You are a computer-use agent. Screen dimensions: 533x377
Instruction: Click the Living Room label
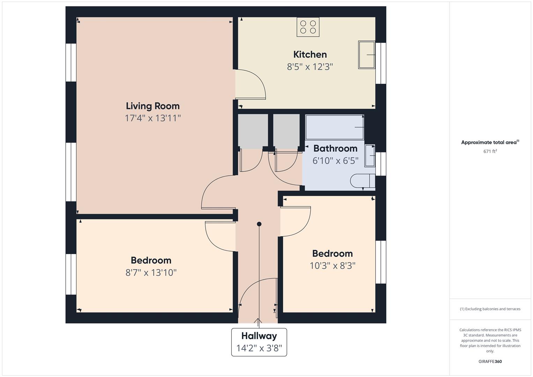tap(153, 106)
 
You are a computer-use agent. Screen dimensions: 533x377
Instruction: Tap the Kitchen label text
tap(310, 54)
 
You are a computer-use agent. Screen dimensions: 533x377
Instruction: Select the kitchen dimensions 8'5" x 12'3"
tap(310, 67)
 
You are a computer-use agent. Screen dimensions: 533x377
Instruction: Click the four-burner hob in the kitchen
tap(308, 27)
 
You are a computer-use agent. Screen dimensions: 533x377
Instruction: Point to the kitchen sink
tap(367, 55)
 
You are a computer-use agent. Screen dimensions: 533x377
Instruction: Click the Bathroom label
tap(335, 148)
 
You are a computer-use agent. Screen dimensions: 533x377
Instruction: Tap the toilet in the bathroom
tap(363, 181)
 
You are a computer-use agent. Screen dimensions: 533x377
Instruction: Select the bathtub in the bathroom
tap(334, 127)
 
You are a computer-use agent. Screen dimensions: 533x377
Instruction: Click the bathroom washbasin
tap(370, 155)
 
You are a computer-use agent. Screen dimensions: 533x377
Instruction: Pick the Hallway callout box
tap(259, 342)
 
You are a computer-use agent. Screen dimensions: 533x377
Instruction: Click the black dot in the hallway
tap(259, 224)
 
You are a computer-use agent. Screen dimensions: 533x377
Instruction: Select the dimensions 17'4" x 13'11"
tap(153, 118)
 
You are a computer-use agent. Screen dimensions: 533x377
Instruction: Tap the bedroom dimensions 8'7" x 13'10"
tap(151, 273)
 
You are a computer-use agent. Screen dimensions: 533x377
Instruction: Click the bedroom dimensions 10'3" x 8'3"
tap(332, 266)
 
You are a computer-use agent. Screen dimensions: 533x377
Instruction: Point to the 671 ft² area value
tap(490, 151)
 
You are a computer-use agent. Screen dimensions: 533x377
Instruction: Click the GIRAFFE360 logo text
tap(490, 361)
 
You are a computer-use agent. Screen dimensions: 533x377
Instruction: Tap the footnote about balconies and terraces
tap(490, 309)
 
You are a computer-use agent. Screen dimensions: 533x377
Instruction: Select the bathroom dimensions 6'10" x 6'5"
tap(335, 161)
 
